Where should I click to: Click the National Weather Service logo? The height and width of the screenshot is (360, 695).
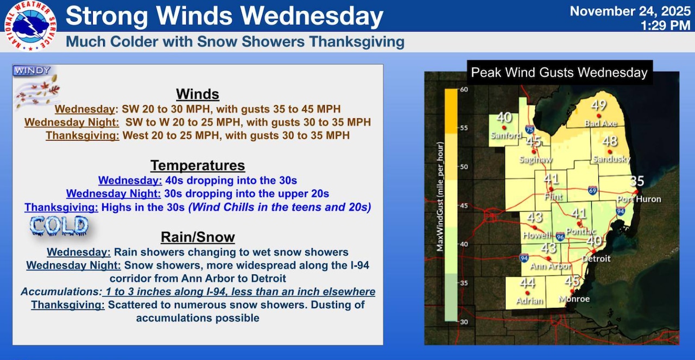click(30, 26)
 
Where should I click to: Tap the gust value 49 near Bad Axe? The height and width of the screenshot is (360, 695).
click(599, 106)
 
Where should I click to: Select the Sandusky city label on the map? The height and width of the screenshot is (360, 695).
click(611, 160)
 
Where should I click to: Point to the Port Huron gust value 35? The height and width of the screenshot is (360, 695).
click(637, 181)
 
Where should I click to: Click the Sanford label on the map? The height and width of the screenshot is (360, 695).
click(506, 136)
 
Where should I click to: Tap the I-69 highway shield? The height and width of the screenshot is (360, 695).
click(593, 190)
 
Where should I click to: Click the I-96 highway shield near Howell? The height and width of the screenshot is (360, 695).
click(560, 237)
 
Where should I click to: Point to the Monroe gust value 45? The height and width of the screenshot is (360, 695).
click(572, 281)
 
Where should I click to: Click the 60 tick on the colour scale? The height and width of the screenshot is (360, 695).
click(464, 89)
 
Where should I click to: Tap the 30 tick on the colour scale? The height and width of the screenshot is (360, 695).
click(464, 322)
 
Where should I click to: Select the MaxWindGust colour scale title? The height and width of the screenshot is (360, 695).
click(441, 197)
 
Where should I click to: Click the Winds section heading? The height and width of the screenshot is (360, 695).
click(198, 94)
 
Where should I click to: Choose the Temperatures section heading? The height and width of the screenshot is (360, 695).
click(198, 165)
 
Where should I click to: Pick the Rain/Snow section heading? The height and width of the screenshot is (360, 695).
click(198, 237)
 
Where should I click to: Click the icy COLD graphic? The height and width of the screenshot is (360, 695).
click(59, 225)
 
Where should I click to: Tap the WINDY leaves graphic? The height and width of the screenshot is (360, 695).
click(36, 87)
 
